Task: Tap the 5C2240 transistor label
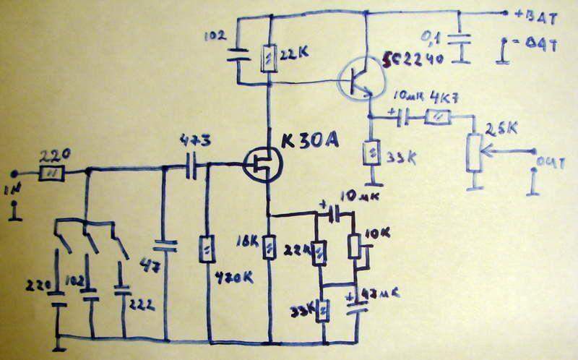405,61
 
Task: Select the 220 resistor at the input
52,173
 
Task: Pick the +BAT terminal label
534,14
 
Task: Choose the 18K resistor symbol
269,249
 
